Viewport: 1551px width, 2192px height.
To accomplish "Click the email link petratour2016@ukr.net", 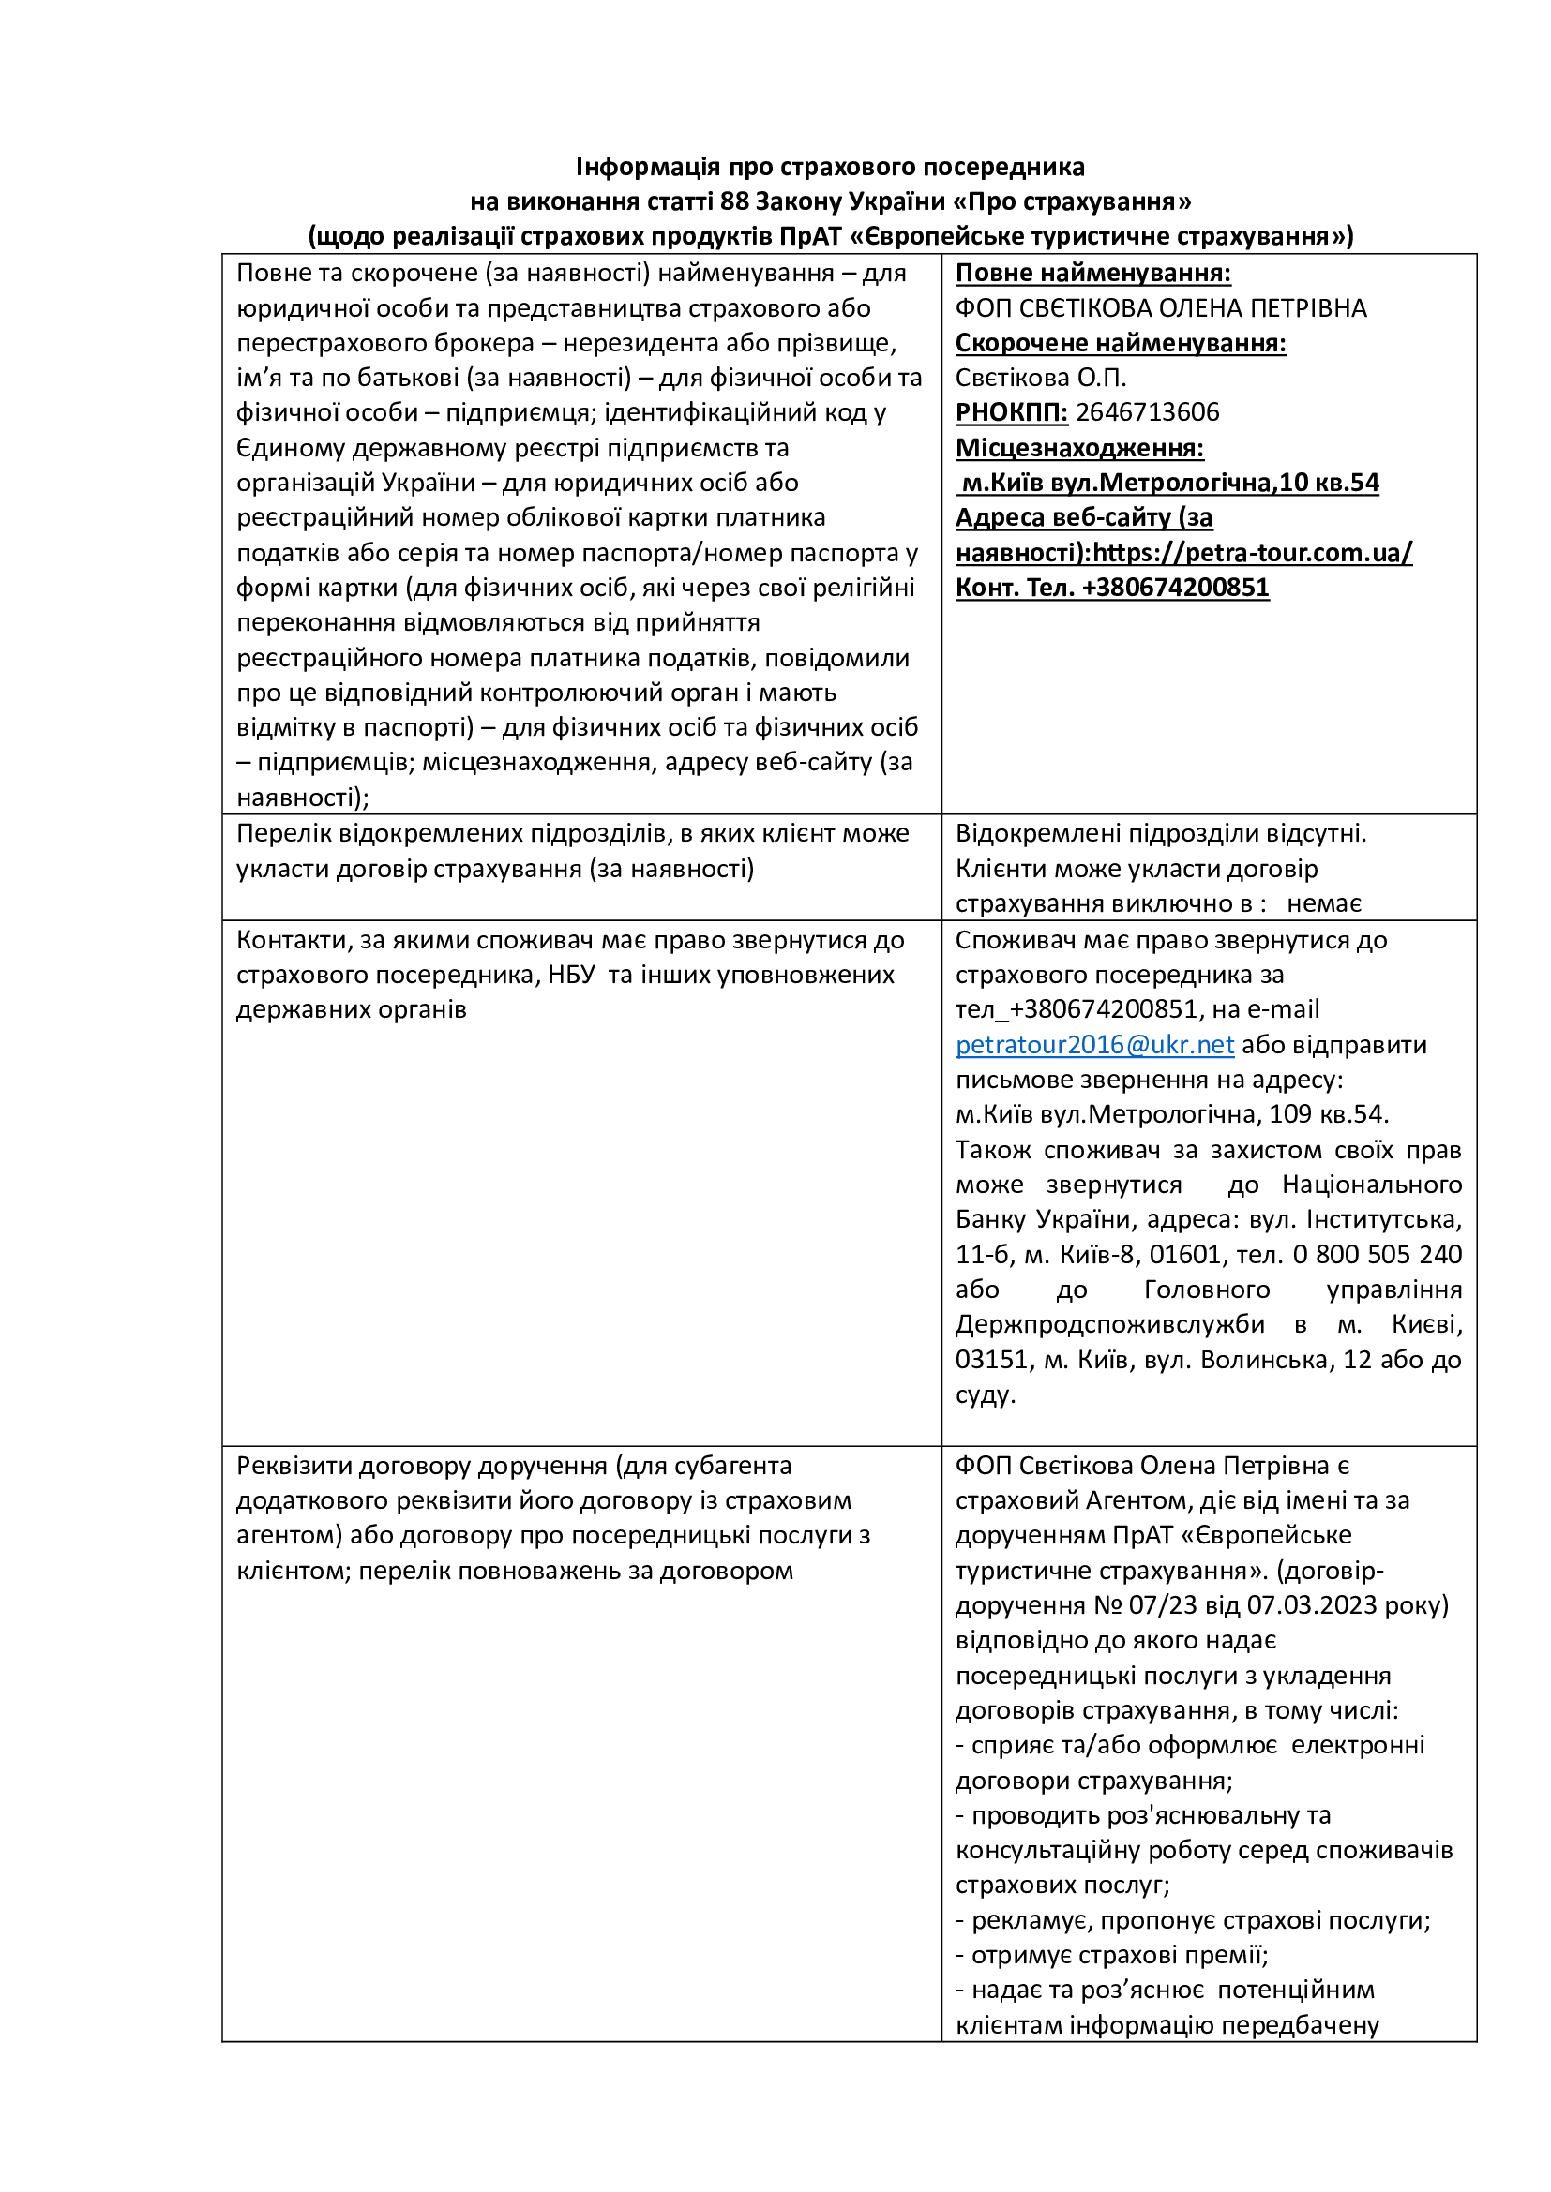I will [1094, 1044].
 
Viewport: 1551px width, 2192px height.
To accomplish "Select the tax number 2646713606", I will [1147, 412].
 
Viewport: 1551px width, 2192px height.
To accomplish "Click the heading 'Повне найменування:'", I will [1092, 273].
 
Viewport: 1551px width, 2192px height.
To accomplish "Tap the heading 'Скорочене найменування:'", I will [1121, 343].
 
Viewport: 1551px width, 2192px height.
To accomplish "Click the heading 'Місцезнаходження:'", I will [1079, 448].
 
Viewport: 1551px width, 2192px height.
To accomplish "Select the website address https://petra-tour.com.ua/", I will [1252, 553].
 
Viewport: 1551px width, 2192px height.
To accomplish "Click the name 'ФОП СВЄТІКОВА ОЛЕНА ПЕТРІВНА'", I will [1160, 308].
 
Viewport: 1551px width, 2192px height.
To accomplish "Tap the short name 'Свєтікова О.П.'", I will [1040, 378].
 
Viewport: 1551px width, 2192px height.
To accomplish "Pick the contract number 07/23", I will [1162, 1604].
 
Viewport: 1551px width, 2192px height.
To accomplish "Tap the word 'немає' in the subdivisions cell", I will [1324, 903].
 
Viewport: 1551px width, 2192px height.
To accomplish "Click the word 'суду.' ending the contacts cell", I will [986, 1394].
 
